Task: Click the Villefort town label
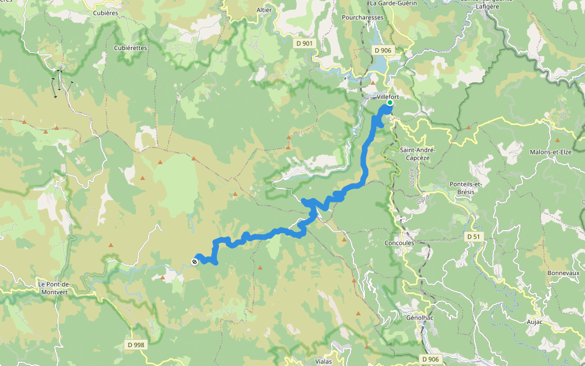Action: [x=388, y=97]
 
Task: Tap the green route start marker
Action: [x=390, y=102]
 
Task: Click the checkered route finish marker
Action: [x=194, y=262]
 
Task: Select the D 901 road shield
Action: [x=304, y=43]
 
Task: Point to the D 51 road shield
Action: [x=473, y=236]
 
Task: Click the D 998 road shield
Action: [x=136, y=345]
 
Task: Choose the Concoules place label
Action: [x=400, y=243]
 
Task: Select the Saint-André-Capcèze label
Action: [x=417, y=153]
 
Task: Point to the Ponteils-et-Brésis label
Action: [x=466, y=187]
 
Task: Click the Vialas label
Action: [x=324, y=361]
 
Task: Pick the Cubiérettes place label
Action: [x=130, y=47]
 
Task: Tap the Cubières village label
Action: [x=105, y=12]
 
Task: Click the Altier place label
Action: [x=264, y=10]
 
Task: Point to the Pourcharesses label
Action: [x=363, y=18]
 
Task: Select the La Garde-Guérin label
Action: [x=392, y=3]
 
